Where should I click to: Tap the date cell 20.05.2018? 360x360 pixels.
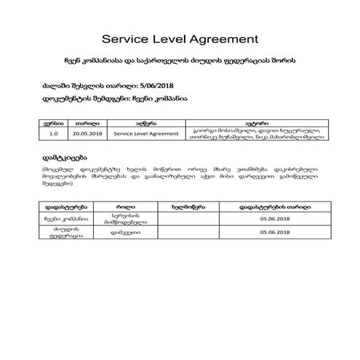87,135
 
